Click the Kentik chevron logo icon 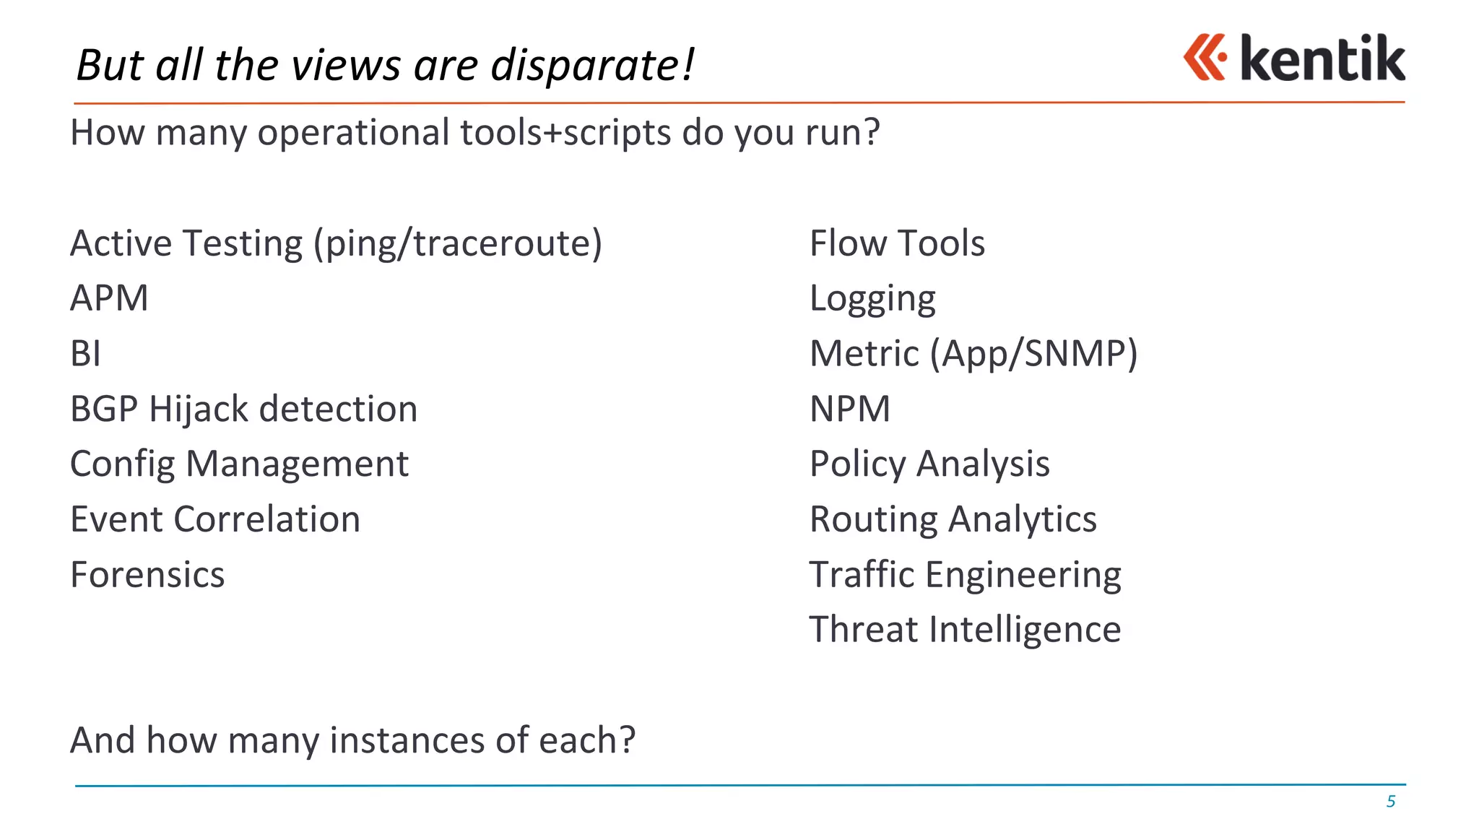[x=1205, y=57]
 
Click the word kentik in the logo [x=1322, y=58]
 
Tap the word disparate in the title [x=592, y=66]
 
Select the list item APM [x=110, y=298]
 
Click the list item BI [x=85, y=354]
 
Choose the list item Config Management [x=239, y=464]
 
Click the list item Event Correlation [x=215, y=519]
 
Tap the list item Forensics [x=147, y=575]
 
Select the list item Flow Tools [x=897, y=243]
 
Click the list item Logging [x=872, y=299]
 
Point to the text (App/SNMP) [x=1033, y=354]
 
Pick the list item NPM [x=850, y=409]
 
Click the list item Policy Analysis [x=929, y=464]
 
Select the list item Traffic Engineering [x=965, y=575]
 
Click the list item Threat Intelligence [x=965, y=630]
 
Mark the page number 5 [x=1390, y=802]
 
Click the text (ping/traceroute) [x=457, y=243]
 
